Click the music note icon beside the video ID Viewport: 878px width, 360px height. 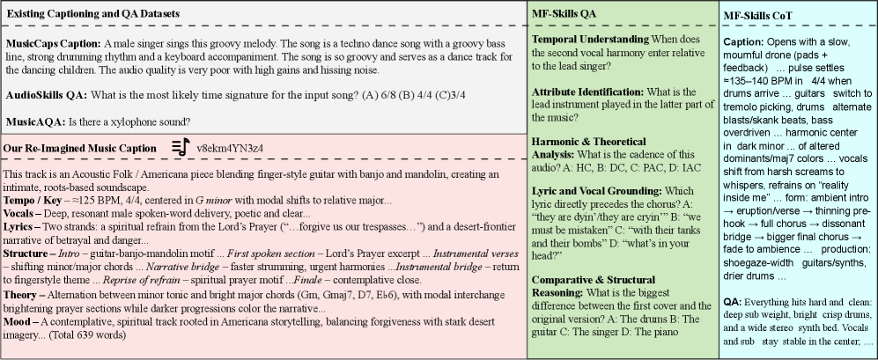(180, 147)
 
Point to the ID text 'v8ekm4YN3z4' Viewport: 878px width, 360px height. (231, 147)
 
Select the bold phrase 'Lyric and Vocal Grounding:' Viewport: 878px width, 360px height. (594, 190)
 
